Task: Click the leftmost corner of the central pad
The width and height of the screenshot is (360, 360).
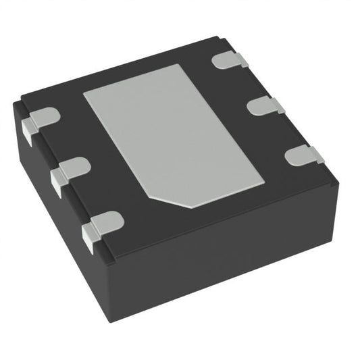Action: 84,94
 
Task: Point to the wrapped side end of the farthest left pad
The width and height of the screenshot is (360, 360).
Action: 28,132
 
